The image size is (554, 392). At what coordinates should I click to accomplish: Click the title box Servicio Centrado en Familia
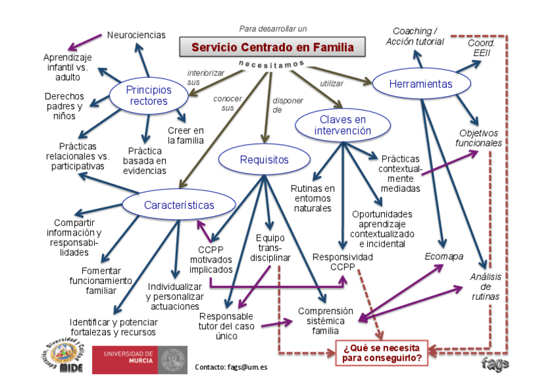pyautogui.click(x=272, y=47)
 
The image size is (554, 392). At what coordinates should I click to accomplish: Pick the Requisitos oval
pyautogui.click(x=264, y=160)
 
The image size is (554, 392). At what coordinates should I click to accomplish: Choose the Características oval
pyautogui.click(x=179, y=205)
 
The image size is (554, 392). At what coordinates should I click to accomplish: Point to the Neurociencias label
pyautogui.click(x=137, y=35)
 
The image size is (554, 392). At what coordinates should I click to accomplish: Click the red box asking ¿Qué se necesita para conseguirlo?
pyautogui.click(x=382, y=352)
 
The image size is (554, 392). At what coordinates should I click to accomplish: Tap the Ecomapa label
pyautogui.click(x=440, y=256)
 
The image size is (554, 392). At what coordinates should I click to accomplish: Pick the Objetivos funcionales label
pyautogui.click(x=480, y=138)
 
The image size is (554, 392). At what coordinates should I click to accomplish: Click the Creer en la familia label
pyautogui.click(x=186, y=135)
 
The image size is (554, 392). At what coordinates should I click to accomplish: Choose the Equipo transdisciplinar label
pyautogui.click(x=270, y=247)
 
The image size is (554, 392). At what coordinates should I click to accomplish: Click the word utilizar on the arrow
pyautogui.click(x=331, y=83)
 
